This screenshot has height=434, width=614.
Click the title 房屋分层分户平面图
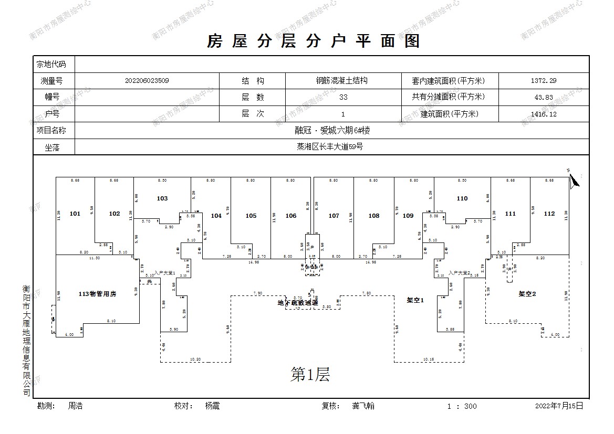[314, 41]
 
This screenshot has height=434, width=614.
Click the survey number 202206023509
[147, 81]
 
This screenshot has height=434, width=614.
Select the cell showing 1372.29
[544, 81]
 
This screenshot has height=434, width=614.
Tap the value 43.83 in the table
[544, 97]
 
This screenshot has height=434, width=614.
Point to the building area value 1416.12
[544, 114]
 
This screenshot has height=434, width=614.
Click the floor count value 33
[344, 97]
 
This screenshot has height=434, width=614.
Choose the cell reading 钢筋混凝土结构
[344, 81]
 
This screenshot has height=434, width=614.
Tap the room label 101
[75, 214]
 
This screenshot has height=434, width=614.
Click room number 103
[162, 198]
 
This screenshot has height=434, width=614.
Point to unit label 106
[291, 216]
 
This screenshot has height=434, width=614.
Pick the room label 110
[462, 198]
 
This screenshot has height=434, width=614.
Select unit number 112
[549, 214]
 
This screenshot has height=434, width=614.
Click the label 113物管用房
[97, 294]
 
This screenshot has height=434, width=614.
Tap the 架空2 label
[527, 294]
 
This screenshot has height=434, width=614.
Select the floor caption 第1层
[310, 375]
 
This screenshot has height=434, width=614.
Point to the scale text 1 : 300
[462, 406]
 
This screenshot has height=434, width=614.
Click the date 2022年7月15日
[559, 406]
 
